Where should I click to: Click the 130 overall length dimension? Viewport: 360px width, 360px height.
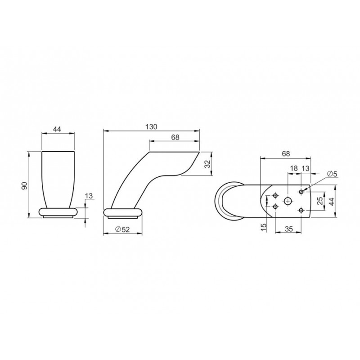pyautogui.click(x=151, y=127)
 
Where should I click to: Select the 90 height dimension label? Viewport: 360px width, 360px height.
pyautogui.click(x=24, y=185)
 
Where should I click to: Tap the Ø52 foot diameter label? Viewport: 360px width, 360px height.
pyautogui.click(x=123, y=229)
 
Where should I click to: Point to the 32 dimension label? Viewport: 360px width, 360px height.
pyautogui.click(x=207, y=164)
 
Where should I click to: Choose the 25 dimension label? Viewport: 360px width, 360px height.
pyautogui.click(x=320, y=201)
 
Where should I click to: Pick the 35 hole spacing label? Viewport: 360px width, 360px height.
pyautogui.click(x=288, y=229)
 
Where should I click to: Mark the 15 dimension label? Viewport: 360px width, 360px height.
pyautogui.click(x=264, y=227)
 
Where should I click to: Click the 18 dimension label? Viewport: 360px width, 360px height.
pyautogui.click(x=294, y=168)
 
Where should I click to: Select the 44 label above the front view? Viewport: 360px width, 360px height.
pyautogui.click(x=57, y=129)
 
